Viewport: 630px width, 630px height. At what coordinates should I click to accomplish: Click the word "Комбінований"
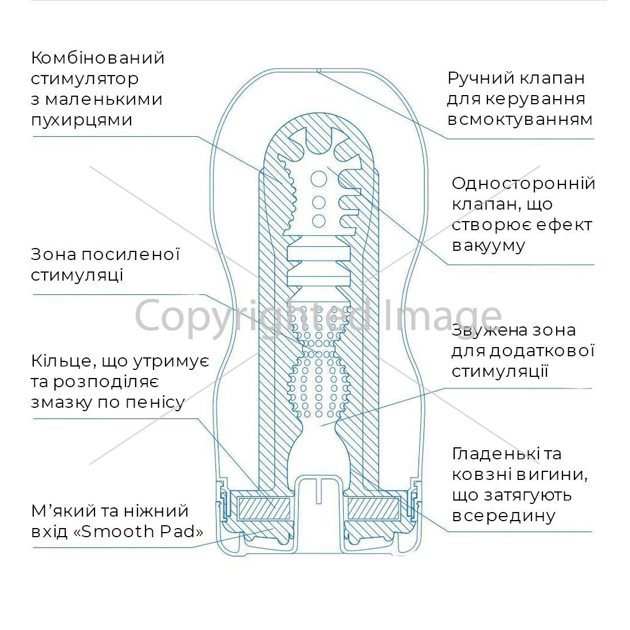97,58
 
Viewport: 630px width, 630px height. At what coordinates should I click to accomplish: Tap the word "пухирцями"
81,120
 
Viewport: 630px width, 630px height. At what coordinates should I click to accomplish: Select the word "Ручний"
479,78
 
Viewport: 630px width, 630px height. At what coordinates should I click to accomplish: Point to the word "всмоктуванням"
520,119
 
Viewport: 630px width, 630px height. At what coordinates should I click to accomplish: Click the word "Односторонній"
523,183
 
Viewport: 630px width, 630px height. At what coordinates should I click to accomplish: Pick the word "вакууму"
488,246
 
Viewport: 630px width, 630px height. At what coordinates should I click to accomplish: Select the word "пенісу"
155,402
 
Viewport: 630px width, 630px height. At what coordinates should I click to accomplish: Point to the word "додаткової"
542,351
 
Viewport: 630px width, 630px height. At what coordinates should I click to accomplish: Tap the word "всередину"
503,515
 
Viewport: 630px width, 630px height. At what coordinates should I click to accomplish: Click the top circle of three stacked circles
318,179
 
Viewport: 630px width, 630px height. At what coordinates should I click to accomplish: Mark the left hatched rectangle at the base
264,508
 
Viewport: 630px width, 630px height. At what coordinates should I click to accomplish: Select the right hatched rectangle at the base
373,508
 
